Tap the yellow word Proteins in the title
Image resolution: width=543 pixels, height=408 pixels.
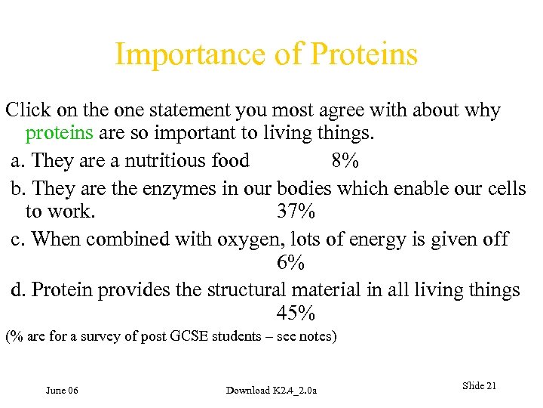coord(364,55)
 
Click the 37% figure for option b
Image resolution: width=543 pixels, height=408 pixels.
coord(296,212)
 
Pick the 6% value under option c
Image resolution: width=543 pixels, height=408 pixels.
coord(290,263)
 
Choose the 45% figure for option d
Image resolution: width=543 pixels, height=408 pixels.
coord(296,313)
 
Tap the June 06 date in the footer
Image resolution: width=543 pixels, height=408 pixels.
coord(62,390)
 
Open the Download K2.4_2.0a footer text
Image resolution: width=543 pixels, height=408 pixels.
coord(271,390)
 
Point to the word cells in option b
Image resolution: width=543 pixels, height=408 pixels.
coord(507,187)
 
